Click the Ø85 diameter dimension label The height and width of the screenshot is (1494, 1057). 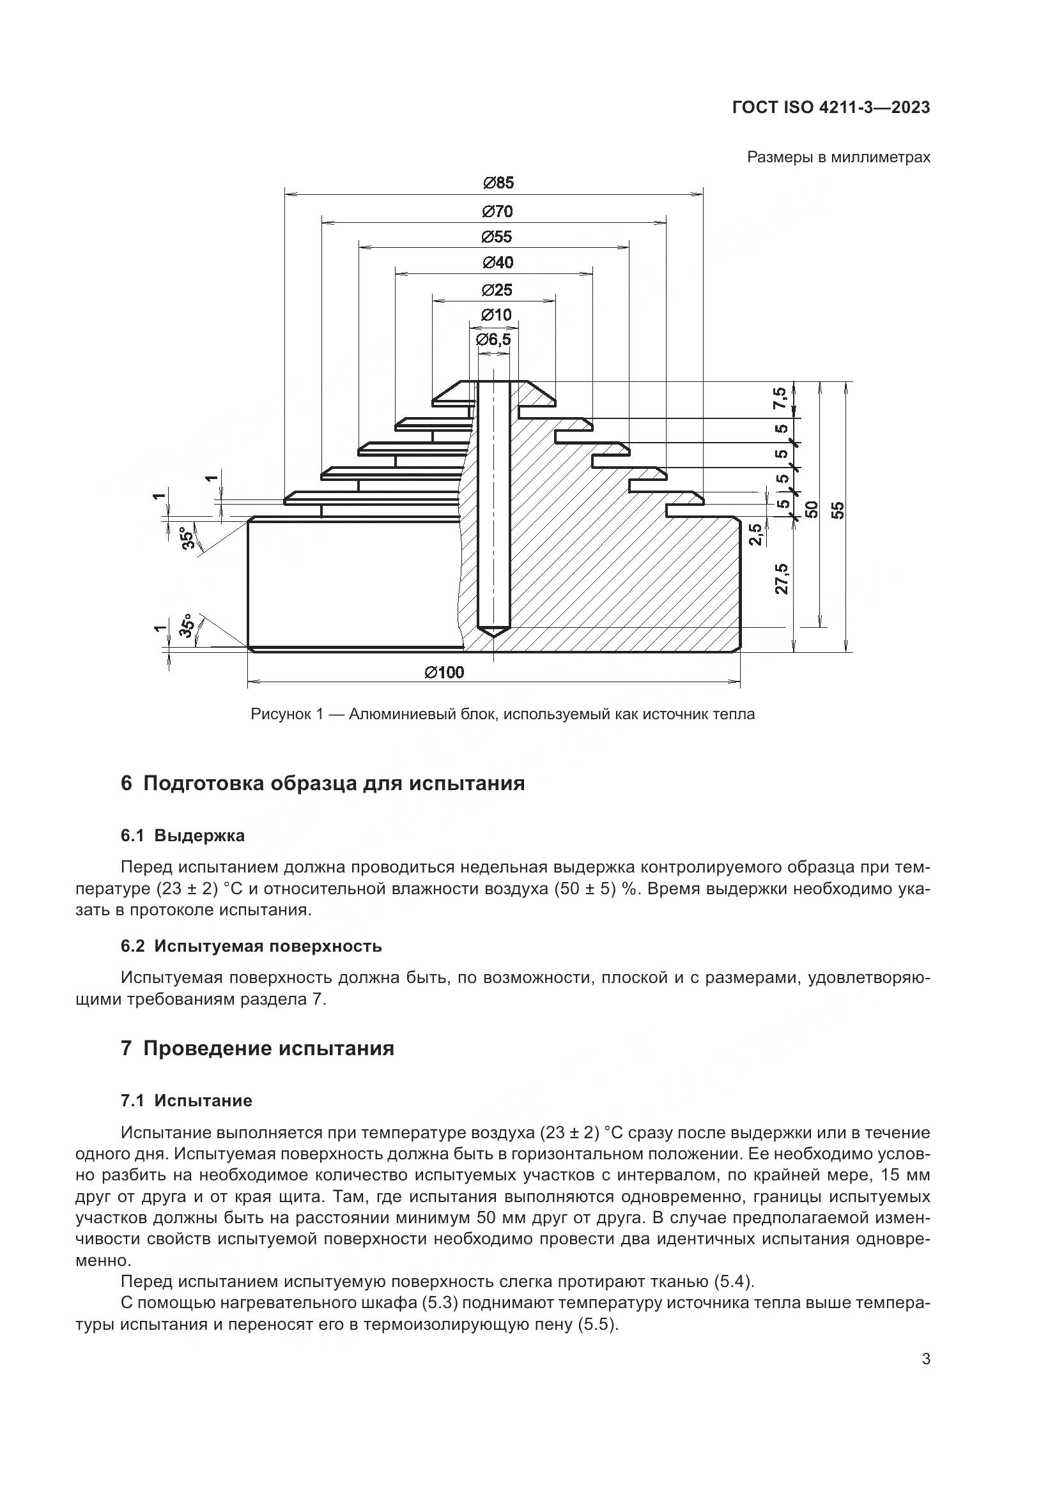(x=498, y=183)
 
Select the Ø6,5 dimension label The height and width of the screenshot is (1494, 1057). (x=493, y=340)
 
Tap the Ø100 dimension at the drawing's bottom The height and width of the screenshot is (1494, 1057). (x=445, y=672)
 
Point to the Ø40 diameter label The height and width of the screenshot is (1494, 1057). (x=498, y=263)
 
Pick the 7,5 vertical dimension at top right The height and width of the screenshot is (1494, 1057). (x=780, y=399)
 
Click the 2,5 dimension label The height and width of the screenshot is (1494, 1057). (x=755, y=535)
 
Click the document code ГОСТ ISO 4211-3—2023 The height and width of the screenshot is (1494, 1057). (x=831, y=108)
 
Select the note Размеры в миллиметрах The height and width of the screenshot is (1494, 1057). (x=838, y=158)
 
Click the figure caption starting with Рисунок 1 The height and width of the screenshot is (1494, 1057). (x=502, y=715)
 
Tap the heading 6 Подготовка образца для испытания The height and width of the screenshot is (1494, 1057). (x=323, y=784)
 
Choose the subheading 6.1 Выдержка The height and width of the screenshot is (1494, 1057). (x=183, y=836)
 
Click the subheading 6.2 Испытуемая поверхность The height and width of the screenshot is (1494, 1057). (x=251, y=946)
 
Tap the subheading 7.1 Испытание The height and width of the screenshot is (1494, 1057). (x=187, y=1101)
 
